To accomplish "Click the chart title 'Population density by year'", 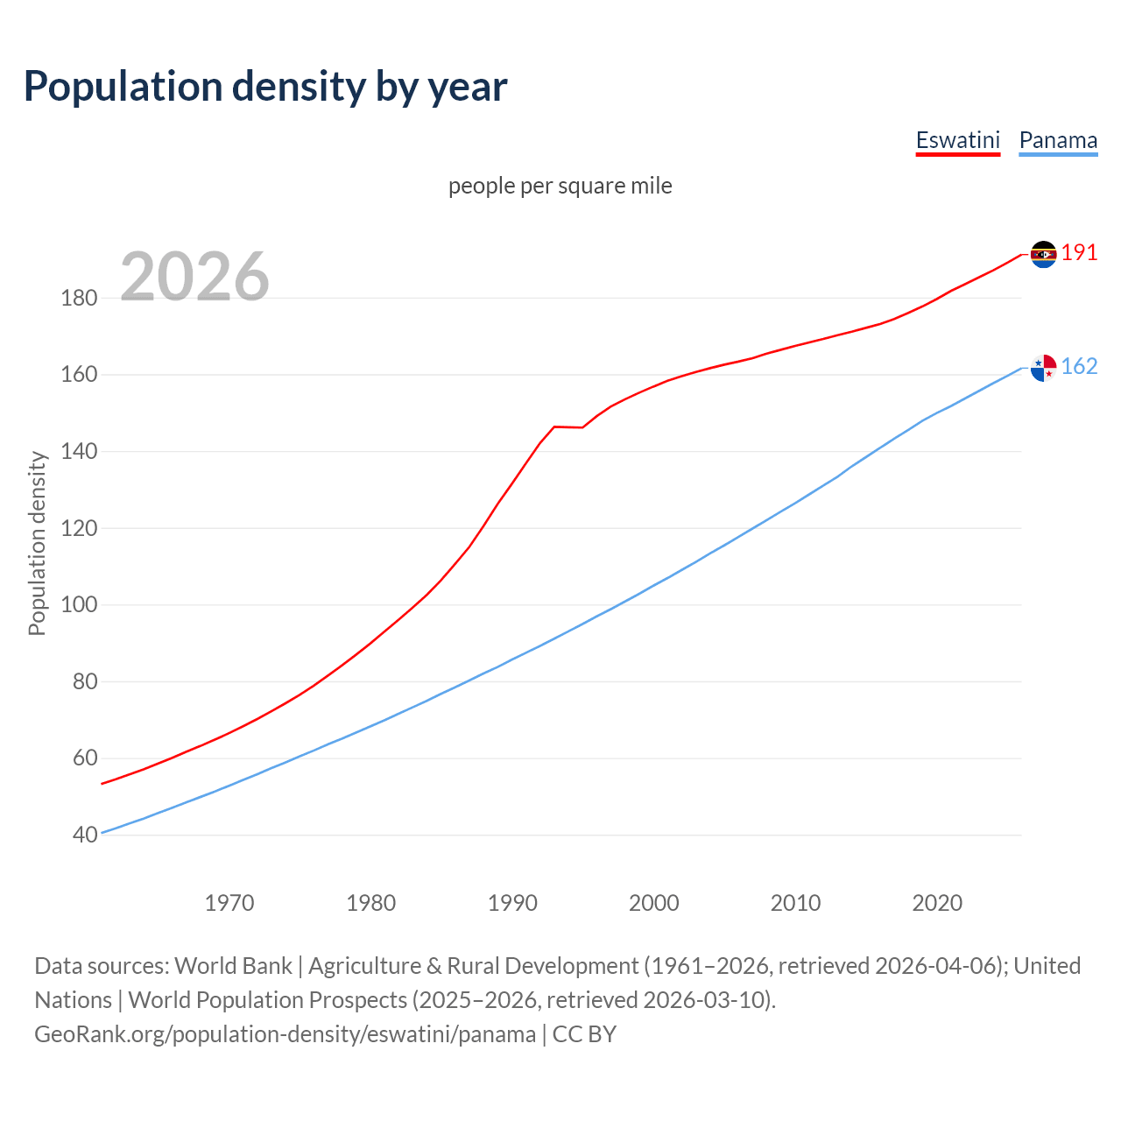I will pyautogui.click(x=265, y=86).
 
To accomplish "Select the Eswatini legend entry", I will pyautogui.click(x=957, y=140).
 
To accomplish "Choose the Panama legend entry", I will pyautogui.click(x=1058, y=140).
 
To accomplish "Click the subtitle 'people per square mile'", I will pyautogui.click(x=560, y=186).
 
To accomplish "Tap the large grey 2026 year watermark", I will pyautogui.click(x=194, y=276).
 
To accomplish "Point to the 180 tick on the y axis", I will pyautogui.click(x=79, y=298).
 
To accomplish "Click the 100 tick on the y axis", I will pyautogui.click(x=79, y=604).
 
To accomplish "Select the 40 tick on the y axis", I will pyautogui.click(x=84, y=835).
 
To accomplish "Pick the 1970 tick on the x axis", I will pyautogui.click(x=229, y=903).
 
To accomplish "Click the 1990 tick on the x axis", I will pyautogui.click(x=512, y=903).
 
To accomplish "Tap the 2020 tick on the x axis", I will pyautogui.click(x=937, y=903).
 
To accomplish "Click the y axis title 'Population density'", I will pyautogui.click(x=37, y=543).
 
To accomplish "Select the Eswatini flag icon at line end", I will pyautogui.click(x=1043, y=254).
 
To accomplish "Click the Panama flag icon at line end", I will pyautogui.click(x=1043, y=368).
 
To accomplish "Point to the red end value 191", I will pyautogui.click(x=1079, y=253).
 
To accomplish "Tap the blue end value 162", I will pyautogui.click(x=1079, y=367).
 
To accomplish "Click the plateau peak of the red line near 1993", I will pyautogui.click(x=554, y=427).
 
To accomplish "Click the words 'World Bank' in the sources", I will pyautogui.click(x=233, y=966).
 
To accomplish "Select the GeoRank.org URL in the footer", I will pyautogui.click(x=285, y=1034).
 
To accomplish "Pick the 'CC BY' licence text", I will pyautogui.click(x=584, y=1034).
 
